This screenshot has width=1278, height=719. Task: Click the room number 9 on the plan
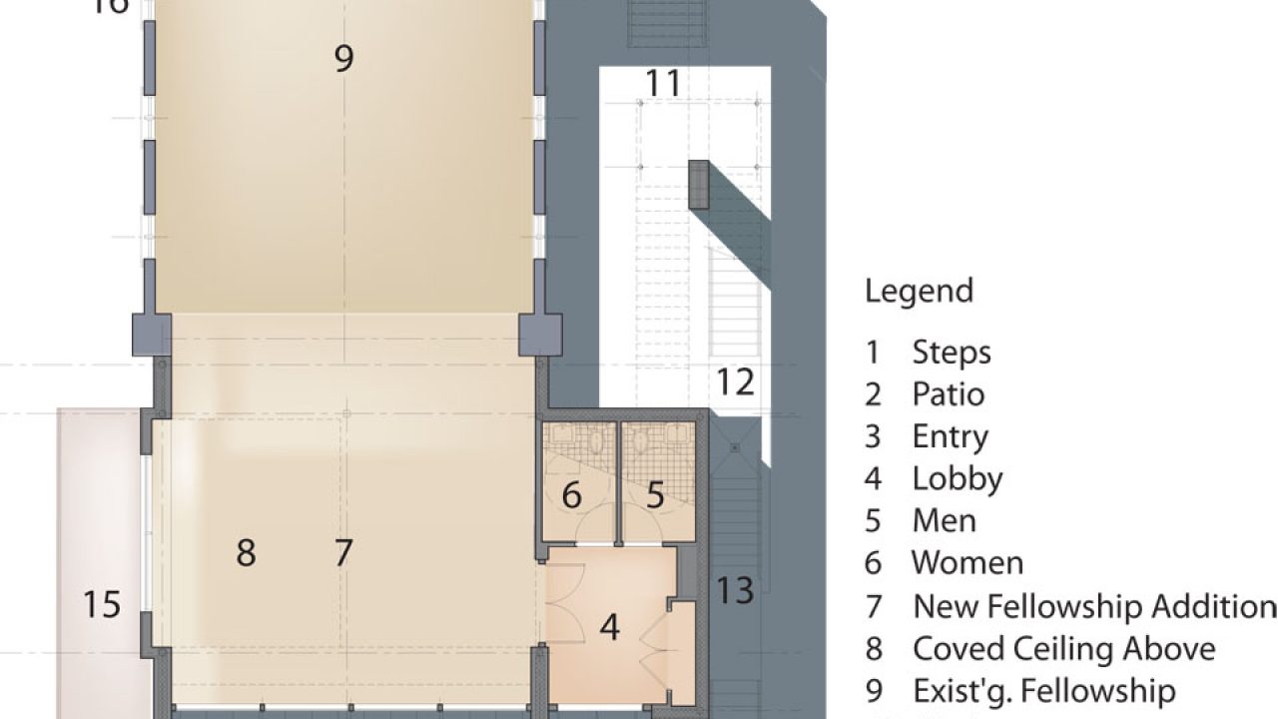pyautogui.click(x=343, y=59)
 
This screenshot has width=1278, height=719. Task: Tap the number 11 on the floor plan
pyautogui.click(x=663, y=84)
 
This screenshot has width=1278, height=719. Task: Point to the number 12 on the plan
pyautogui.click(x=735, y=382)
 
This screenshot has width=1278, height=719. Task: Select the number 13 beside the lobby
pyautogui.click(x=735, y=590)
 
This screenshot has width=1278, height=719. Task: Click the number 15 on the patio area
pyautogui.click(x=102, y=604)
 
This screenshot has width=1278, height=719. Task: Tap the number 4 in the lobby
pyautogui.click(x=610, y=628)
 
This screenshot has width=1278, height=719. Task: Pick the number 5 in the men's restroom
pyautogui.click(x=655, y=495)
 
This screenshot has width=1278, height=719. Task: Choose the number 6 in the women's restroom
pyautogui.click(x=571, y=495)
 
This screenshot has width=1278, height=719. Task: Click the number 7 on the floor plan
pyautogui.click(x=343, y=552)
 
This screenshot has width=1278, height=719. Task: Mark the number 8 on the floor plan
pyautogui.click(x=246, y=552)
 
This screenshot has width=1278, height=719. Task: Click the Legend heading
pyautogui.click(x=919, y=292)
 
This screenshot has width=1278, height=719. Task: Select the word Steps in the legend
pyautogui.click(x=951, y=353)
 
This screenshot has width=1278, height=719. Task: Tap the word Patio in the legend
pyautogui.click(x=948, y=394)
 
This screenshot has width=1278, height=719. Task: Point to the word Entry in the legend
pyautogui.click(x=950, y=436)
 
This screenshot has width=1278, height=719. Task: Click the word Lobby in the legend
pyautogui.click(x=957, y=478)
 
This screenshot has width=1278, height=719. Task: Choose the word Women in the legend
pyautogui.click(x=966, y=563)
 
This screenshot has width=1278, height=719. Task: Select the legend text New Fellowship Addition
pyautogui.click(x=1093, y=606)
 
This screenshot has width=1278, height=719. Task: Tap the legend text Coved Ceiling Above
pyautogui.click(x=1063, y=649)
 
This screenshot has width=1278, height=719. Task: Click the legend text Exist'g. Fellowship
pyautogui.click(x=1043, y=691)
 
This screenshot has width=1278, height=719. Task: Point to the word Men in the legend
pyautogui.click(x=944, y=521)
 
